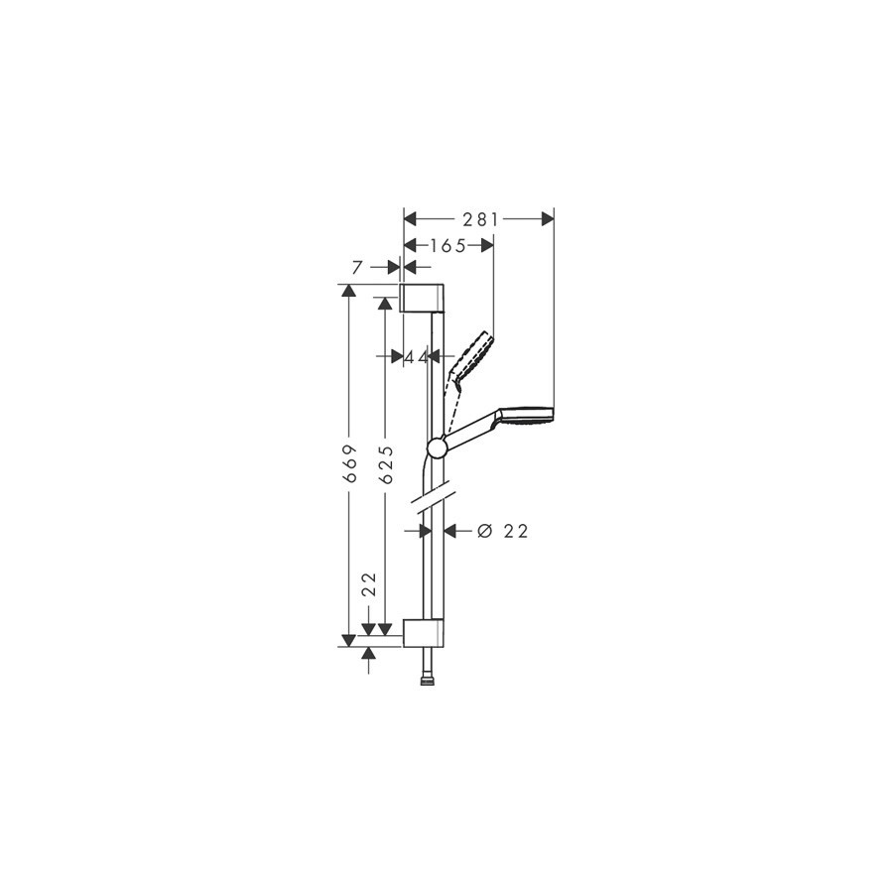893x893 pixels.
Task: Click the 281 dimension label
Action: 480,219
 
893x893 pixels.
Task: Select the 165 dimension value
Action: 447,245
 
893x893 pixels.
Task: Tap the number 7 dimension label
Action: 357,267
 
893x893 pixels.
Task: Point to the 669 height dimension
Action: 351,463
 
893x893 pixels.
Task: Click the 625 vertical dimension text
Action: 386,464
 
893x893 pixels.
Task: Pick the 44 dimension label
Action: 416,356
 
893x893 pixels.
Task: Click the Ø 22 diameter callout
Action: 503,532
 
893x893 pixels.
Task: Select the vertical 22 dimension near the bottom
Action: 370,583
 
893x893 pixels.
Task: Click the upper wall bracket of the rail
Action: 423,298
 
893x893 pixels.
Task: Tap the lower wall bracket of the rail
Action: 423,633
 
